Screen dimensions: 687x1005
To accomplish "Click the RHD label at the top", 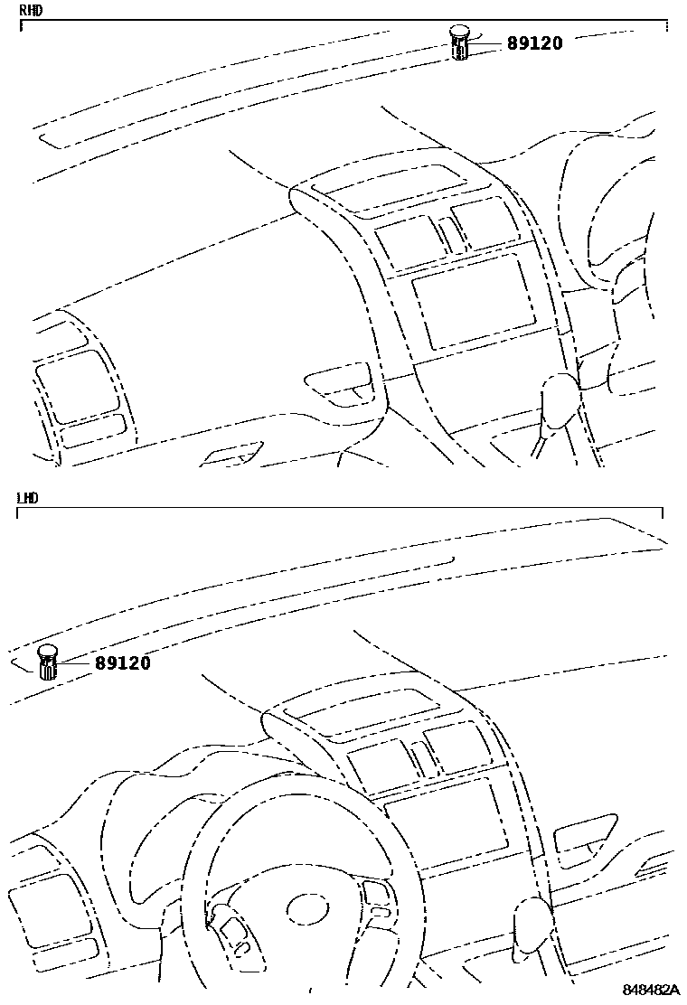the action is click(x=31, y=11).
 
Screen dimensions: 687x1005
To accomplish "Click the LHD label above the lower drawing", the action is click(x=28, y=498).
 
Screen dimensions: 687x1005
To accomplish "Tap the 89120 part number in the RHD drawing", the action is click(x=535, y=42).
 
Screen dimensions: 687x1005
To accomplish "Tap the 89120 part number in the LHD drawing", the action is click(x=123, y=663).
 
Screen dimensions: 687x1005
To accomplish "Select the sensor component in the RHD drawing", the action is click(x=459, y=42).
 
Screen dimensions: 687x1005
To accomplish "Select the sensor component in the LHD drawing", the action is click(x=48, y=662).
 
